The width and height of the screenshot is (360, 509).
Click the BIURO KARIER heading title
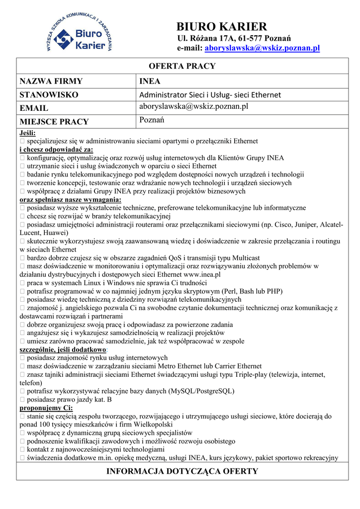[x=222, y=27]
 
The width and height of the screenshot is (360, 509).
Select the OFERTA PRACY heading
[x=182, y=66]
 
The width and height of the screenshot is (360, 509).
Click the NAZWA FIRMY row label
[x=51, y=81]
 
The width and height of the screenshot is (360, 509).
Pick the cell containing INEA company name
[x=150, y=81]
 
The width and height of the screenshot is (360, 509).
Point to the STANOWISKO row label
[x=49, y=94]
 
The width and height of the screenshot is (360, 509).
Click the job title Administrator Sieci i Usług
[x=210, y=94]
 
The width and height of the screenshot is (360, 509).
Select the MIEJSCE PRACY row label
[x=54, y=121]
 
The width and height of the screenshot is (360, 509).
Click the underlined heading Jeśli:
[x=27, y=133]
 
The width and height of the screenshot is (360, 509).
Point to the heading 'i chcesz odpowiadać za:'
[x=56, y=150]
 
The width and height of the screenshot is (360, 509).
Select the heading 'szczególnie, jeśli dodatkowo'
[x=62, y=349]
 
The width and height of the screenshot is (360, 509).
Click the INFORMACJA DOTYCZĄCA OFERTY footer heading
[x=182, y=471]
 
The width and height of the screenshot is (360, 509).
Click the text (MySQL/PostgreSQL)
[x=201, y=391]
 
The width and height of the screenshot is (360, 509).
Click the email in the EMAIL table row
[x=193, y=107]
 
